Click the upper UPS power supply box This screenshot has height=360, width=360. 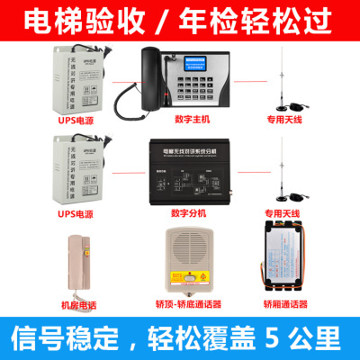pyautogui.click(x=76, y=76)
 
